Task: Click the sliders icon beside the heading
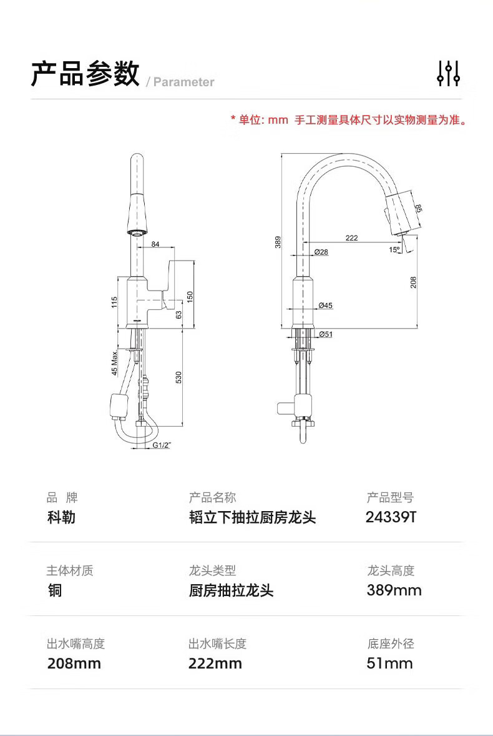pyautogui.click(x=448, y=73)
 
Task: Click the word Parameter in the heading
pyautogui.click(x=183, y=82)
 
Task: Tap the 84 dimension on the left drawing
pyautogui.click(x=155, y=244)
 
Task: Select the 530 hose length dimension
pyautogui.click(x=178, y=377)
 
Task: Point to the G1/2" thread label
pyautogui.click(x=162, y=445)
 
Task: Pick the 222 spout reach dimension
pyautogui.click(x=351, y=238)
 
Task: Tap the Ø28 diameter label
pyautogui.click(x=321, y=252)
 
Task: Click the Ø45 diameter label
pyautogui.click(x=325, y=306)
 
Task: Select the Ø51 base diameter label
pyautogui.click(x=325, y=334)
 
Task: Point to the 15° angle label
pyautogui.click(x=394, y=250)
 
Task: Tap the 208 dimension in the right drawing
pyautogui.click(x=412, y=282)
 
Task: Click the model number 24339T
pyautogui.click(x=391, y=517)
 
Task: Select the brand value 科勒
pyautogui.click(x=61, y=517)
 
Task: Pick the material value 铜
pyautogui.click(x=55, y=590)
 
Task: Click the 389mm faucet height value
pyautogui.click(x=394, y=590)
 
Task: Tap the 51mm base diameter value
pyautogui.click(x=389, y=664)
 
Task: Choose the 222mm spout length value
pyautogui.click(x=215, y=664)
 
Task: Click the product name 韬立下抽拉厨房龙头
pyautogui.click(x=252, y=517)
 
